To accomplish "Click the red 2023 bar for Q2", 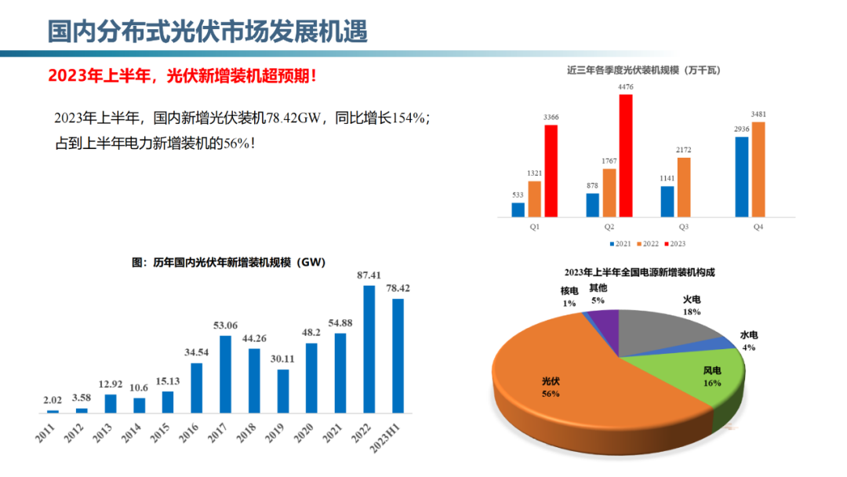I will tap(625, 155).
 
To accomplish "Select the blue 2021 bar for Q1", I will tap(518, 209).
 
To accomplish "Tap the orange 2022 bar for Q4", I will tap(758, 169).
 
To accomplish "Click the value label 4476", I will tap(625, 86).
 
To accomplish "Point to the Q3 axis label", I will tap(684, 227).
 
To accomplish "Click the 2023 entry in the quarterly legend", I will tap(674, 244).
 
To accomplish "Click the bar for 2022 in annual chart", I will tap(369, 349).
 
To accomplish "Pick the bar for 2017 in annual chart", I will tap(225, 374).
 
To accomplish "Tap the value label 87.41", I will tap(369, 275).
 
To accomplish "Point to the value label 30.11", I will tap(282, 359).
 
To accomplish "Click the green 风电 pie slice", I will tap(690, 377).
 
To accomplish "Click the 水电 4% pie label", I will tap(749, 340).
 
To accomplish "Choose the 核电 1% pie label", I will tap(569, 297).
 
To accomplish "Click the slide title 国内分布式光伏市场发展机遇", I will tap(208, 32).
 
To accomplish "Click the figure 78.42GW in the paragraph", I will tap(295, 118).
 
